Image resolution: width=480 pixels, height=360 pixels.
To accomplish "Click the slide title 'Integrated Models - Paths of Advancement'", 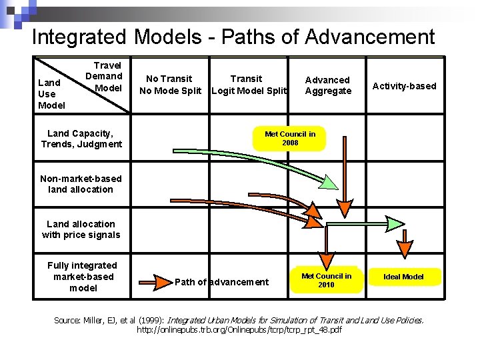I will [233, 37].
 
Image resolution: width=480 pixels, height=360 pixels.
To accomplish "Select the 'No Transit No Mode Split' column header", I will [169, 85].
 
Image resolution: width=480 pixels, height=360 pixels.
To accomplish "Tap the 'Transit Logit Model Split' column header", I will [247, 85].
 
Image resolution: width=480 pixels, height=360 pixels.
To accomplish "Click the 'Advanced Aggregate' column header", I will [327, 85].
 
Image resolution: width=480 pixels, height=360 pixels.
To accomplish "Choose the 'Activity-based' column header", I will [404, 85].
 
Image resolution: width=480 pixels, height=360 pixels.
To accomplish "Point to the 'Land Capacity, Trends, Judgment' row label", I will [81, 139].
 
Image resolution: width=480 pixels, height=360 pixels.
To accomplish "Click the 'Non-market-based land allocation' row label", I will [81, 184].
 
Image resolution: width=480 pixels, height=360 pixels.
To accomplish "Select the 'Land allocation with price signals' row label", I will [81, 229].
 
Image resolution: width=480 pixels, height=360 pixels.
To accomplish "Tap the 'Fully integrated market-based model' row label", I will [82, 277].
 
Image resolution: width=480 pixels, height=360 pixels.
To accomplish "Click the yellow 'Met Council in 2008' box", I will [290, 139].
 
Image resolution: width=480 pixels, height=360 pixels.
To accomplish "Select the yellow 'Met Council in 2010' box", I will [326, 281].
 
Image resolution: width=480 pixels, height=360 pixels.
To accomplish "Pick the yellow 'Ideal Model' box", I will [403, 277].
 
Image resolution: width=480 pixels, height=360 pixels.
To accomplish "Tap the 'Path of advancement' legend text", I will [221, 282].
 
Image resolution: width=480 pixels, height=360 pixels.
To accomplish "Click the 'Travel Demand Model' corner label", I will [105, 77].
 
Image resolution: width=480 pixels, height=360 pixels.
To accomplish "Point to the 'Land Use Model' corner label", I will [51, 94].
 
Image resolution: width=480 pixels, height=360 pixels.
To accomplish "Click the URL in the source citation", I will [239, 330].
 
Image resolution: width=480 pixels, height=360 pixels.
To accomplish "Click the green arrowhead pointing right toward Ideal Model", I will [396, 222].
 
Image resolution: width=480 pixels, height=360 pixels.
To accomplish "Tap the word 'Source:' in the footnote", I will [67, 321].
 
